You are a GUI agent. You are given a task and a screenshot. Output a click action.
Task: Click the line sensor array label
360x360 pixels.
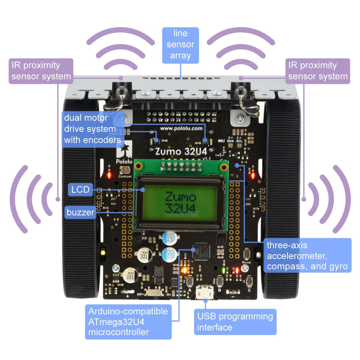tap(180, 45)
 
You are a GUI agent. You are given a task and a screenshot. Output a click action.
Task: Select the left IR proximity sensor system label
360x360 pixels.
tap(41, 71)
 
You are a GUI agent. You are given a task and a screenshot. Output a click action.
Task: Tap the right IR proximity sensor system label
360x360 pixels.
tap(318, 71)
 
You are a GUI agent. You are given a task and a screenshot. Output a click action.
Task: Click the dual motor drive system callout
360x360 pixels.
tap(92, 129)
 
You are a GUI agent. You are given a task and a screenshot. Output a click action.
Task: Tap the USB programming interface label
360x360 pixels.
tap(235, 322)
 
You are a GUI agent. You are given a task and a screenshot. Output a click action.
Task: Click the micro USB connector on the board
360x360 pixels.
tap(204, 293)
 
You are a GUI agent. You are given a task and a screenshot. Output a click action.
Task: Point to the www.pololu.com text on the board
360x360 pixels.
tap(181, 128)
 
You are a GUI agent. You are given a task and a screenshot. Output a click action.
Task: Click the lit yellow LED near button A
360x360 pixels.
tap(184, 269)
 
